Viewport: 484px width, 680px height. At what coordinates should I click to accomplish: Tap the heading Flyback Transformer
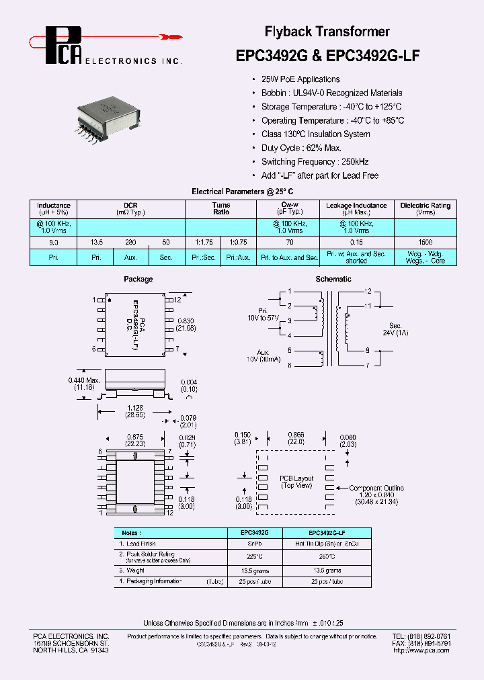coord(327,32)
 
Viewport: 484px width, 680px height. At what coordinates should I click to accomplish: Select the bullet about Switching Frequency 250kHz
coord(315,161)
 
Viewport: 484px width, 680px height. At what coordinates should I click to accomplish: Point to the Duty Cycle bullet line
coord(301,148)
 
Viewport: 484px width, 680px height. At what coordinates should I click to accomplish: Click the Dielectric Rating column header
coord(425,208)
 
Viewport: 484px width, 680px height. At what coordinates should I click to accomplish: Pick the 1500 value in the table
coord(425,241)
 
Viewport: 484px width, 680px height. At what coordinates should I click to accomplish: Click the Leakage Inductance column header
coord(356,208)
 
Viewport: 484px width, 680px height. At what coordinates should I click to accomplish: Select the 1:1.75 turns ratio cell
coord(203,241)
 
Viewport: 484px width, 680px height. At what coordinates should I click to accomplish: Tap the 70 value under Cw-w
coord(290,241)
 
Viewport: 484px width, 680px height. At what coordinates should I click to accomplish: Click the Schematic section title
coord(333,279)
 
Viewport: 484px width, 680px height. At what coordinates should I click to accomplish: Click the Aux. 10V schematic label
coord(263,355)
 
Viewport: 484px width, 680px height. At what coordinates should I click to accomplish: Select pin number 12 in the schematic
coord(368,292)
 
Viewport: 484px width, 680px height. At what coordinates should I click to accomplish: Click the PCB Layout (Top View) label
coord(296,482)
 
